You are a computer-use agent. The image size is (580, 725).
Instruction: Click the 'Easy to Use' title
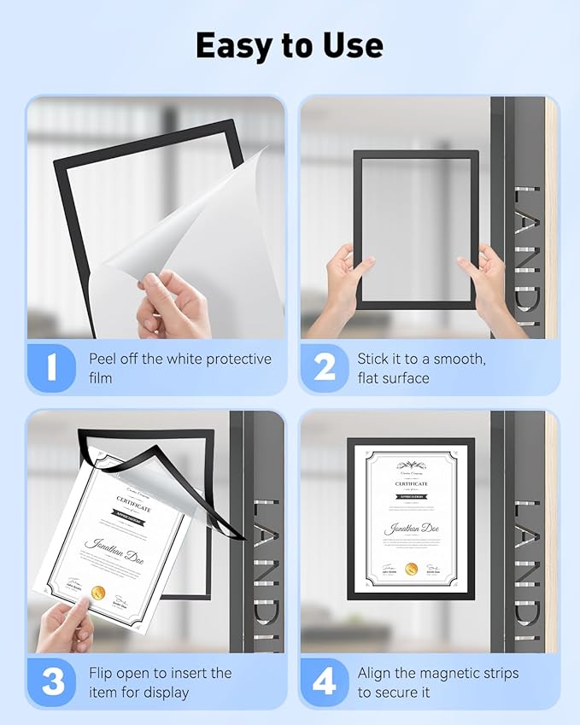point(290,45)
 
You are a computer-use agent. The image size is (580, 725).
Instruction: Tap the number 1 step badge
point(52,367)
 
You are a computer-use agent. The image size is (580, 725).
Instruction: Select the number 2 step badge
point(325,367)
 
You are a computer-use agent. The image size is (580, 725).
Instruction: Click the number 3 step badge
point(52,681)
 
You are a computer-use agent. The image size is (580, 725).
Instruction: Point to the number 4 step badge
point(325,681)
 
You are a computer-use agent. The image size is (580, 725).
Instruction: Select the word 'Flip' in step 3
point(104,673)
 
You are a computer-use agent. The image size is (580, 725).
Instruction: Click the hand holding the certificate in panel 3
point(64,623)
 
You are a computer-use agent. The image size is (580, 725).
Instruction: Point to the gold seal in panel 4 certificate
point(411,569)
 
